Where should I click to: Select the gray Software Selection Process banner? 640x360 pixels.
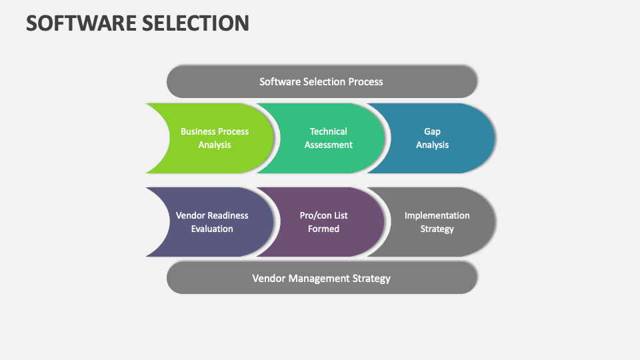coord(321,81)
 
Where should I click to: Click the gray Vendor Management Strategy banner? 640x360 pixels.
coord(321,277)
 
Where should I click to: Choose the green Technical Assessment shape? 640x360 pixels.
coord(328,138)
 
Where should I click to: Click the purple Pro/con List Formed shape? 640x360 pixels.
coord(324,222)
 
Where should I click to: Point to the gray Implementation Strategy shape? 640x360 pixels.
coord(437,222)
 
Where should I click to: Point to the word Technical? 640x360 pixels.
coord(328,131)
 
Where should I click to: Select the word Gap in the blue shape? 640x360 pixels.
coord(432,131)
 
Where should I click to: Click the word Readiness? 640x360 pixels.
coord(228,215)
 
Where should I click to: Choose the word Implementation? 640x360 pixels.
coord(437,215)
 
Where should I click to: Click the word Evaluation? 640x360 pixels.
coord(212,229)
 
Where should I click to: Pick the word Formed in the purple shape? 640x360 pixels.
coord(324,229)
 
